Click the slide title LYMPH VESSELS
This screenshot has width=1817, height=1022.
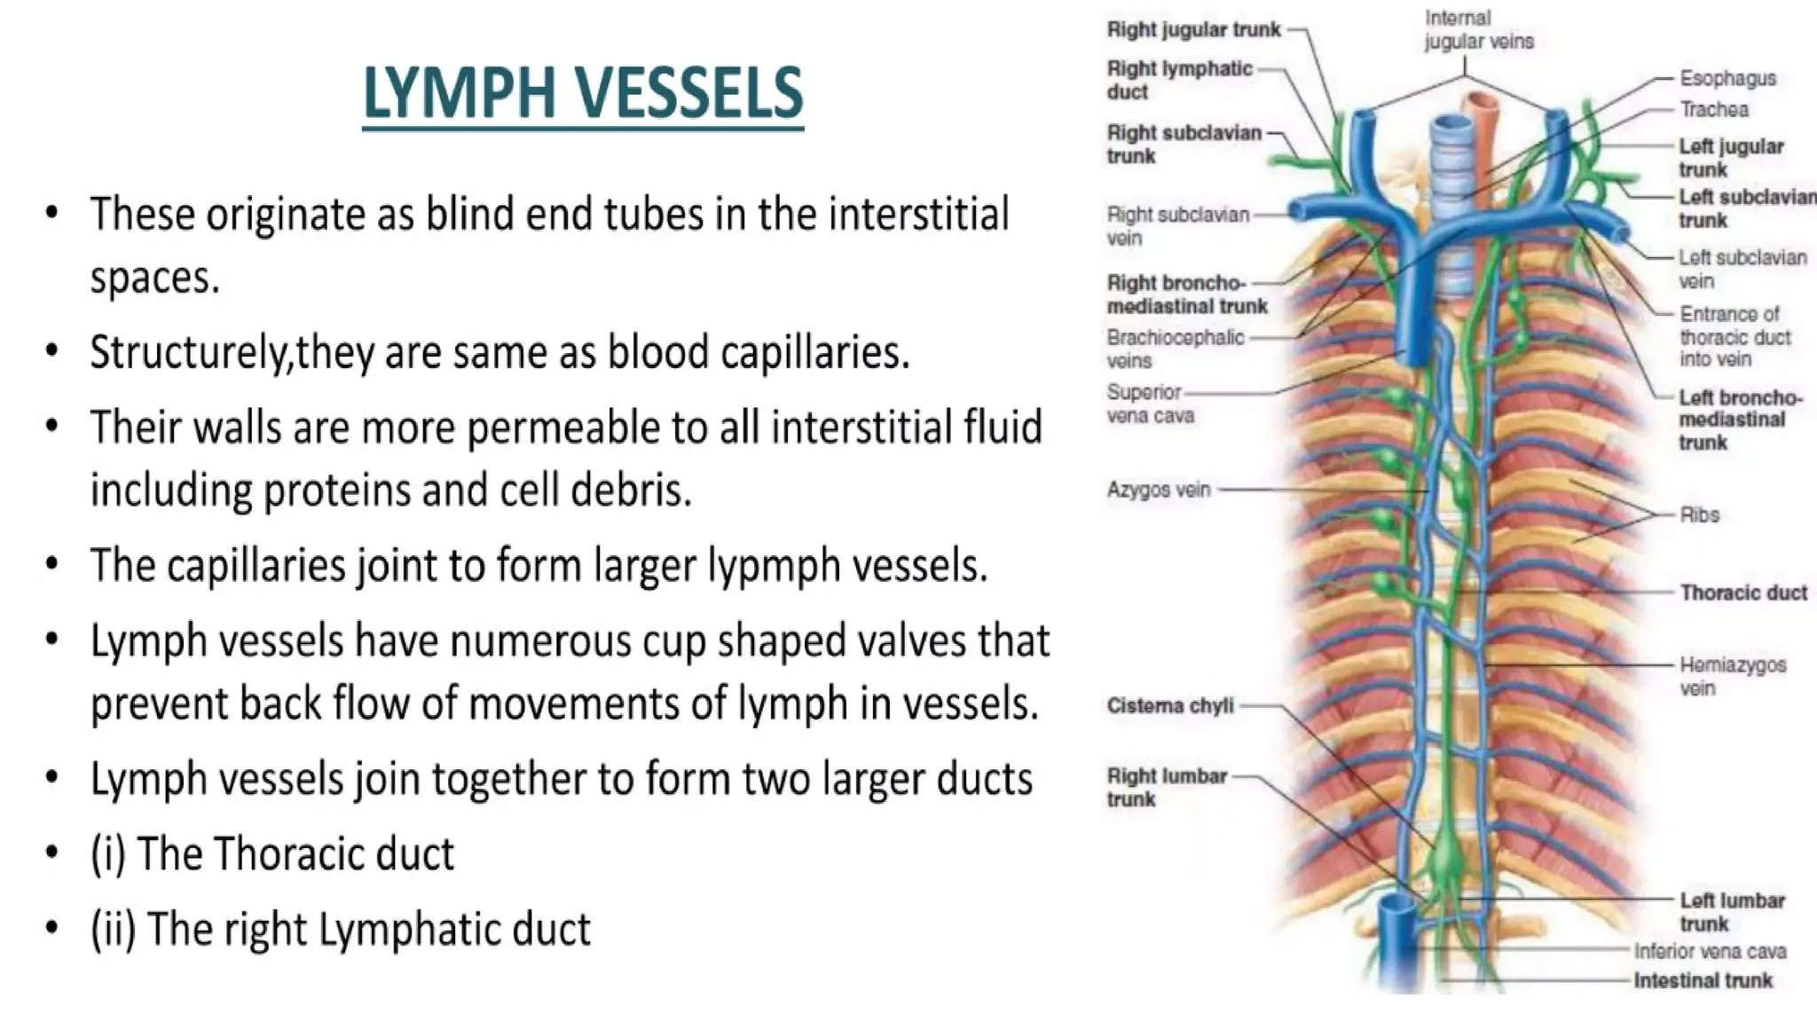tap(583, 93)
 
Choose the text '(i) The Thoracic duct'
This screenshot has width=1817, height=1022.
tap(272, 854)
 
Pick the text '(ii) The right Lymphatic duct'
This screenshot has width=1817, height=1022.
tap(341, 930)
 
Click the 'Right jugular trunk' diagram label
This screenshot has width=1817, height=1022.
tap(1193, 30)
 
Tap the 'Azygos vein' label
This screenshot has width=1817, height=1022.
tap(1158, 490)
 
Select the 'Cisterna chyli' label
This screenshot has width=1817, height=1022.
tap(1169, 706)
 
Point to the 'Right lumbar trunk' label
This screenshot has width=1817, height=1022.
tap(1166, 787)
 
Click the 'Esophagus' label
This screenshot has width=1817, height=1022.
tap(1727, 78)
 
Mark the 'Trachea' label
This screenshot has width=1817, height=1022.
tap(1714, 109)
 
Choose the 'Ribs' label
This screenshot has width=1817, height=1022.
tap(1699, 515)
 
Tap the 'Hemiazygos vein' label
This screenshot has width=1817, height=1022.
tap(1732, 676)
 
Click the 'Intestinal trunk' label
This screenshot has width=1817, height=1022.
tap(1703, 980)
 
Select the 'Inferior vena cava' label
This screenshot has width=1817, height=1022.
tap(1710, 951)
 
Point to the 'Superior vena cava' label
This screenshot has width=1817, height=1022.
tap(1150, 404)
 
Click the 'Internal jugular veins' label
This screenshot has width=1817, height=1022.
tap(1478, 29)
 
